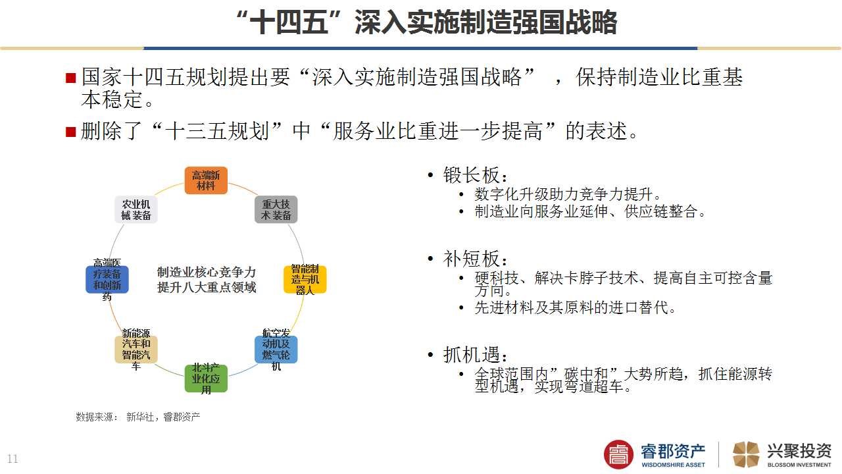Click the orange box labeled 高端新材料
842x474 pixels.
tap(206, 180)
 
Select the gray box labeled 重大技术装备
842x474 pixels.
tap(276, 209)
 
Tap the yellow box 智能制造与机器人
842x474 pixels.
tap(305, 279)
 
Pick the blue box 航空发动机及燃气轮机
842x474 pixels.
tap(276, 350)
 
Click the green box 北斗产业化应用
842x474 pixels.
tap(206, 379)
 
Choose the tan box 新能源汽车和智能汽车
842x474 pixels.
tap(136, 350)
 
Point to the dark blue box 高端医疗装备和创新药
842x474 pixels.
tap(107, 279)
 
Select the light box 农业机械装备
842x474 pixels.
tap(136, 209)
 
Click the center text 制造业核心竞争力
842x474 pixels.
tap(207, 272)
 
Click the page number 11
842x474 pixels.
tap(12, 459)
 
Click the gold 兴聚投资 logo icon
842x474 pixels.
tap(746, 454)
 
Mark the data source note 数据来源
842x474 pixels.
tap(137, 417)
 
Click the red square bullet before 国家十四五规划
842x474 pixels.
tap(71, 78)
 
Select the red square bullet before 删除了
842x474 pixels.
tap(71, 132)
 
